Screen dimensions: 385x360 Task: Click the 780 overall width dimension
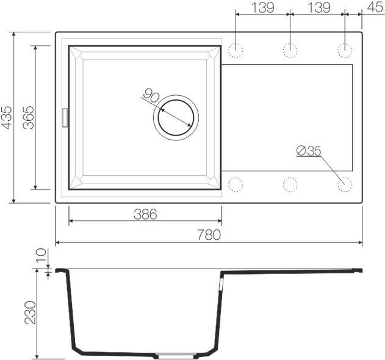(209, 235)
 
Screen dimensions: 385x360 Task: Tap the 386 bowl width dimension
(145, 214)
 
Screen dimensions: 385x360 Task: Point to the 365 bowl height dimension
(28, 117)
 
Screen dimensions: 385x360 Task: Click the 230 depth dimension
(31, 312)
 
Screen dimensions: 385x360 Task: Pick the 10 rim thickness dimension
(41, 256)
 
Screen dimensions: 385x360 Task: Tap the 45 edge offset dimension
(375, 7)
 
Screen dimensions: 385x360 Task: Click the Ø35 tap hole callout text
(309, 151)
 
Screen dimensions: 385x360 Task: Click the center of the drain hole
(176, 118)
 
